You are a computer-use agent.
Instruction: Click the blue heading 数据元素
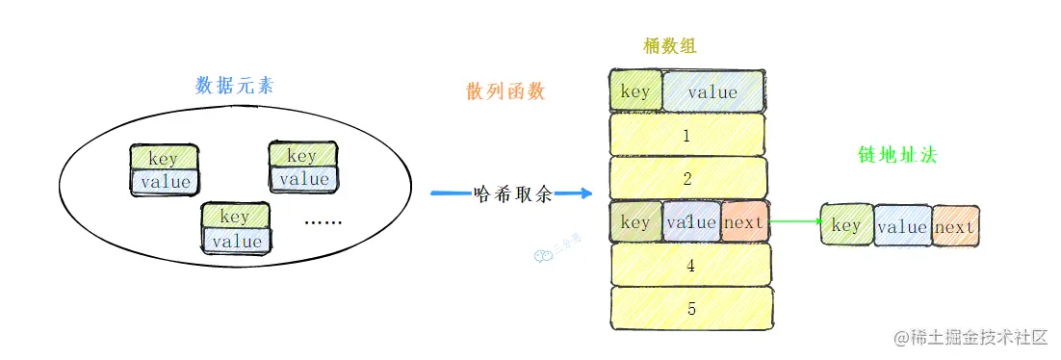[x=234, y=85]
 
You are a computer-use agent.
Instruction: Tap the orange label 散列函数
[x=505, y=91]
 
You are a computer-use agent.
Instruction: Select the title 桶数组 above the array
[x=670, y=45]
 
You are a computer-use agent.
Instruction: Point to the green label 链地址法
[x=897, y=154]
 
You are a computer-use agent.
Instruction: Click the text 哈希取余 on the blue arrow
[x=514, y=193]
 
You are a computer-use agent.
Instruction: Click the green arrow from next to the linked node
[x=793, y=223]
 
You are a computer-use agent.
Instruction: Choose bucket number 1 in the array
[x=686, y=136]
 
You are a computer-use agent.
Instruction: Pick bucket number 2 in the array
[x=687, y=178]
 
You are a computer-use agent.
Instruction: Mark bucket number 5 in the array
[x=690, y=309]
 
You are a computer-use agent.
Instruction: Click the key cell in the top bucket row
[x=635, y=92]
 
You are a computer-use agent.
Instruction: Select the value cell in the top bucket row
[x=712, y=92]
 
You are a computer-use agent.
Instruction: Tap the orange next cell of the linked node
[x=954, y=227]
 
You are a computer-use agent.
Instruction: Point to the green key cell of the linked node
[x=845, y=226]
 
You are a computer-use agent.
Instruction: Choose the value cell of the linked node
[x=902, y=227]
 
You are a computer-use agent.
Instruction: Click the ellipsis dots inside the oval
[x=323, y=222]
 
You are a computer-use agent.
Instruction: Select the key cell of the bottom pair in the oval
[x=234, y=217]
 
